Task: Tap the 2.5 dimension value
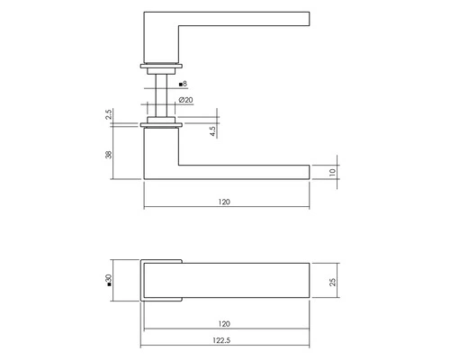(108, 116)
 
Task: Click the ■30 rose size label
(107, 281)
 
